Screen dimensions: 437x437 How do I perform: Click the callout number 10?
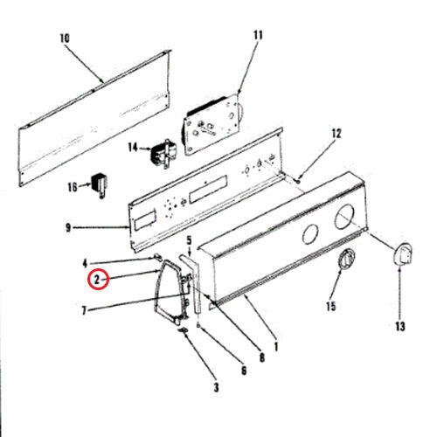[x=65, y=38]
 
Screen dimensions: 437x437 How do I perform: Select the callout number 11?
[x=258, y=35]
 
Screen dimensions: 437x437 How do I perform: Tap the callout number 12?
[x=336, y=134]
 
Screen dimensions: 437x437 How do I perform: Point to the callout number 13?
[x=400, y=326]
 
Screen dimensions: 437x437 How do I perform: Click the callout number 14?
[x=133, y=148]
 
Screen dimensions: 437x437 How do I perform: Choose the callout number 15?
[x=331, y=306]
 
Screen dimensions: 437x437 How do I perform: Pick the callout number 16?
[x=73, y=187]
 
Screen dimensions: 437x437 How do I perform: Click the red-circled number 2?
[x=98, y=280]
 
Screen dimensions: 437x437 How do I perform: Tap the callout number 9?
[x=68, y=227]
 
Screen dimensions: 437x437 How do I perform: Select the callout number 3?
[x=216, y=387]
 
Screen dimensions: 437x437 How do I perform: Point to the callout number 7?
[x=84, y=310]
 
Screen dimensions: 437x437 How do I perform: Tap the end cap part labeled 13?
[x=403, y=254]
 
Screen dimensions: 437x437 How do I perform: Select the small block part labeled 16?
[x=100, y=184]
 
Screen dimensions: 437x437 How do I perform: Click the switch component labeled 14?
[x=163, y=154]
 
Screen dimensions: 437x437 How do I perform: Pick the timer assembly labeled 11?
[x=212, y=124]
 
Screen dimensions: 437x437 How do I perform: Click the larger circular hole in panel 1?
[x=344, y=217]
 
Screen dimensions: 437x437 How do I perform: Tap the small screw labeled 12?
[x=298, y=181]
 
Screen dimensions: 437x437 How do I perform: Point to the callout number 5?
[x=189, y=240]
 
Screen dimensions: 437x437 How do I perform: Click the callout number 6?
[x=244, y=371]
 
